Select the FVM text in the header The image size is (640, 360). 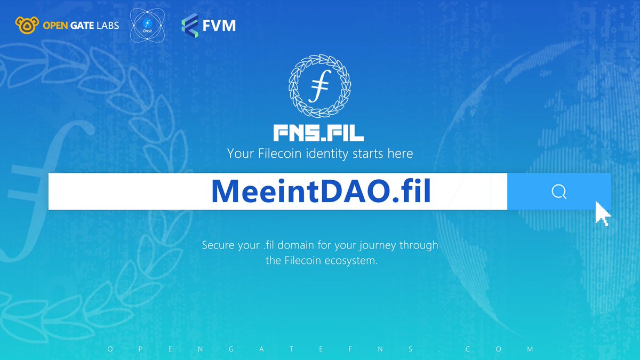click(x=219, y=25)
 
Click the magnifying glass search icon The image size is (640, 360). click(x=558, y=191)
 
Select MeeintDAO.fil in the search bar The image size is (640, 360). click(x=321, y=191)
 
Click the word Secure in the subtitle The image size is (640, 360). click(x=219, y=246)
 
